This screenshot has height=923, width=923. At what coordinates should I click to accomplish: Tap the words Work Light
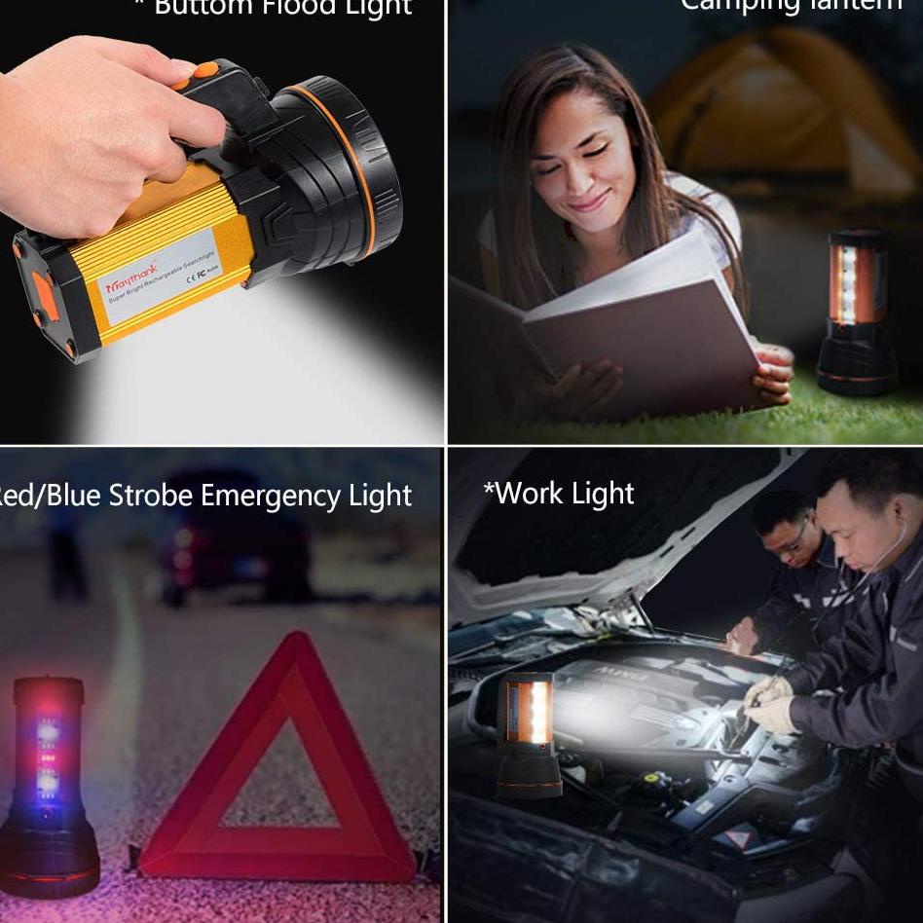(x=559, y=494)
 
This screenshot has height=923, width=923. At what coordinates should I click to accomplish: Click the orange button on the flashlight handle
(x=204, y=70)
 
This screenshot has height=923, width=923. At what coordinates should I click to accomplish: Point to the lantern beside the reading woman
(x=857, y=312)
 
